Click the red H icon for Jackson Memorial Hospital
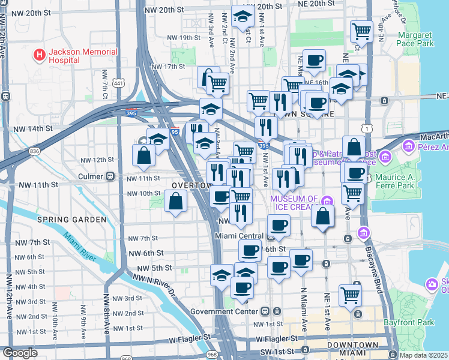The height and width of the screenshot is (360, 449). coord(40,56)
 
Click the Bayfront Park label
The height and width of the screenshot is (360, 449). coord(417,323)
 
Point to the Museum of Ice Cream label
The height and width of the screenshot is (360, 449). coord(294,203)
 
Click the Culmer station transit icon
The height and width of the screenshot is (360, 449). coord(110,177)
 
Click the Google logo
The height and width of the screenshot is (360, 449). coord(20,353)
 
